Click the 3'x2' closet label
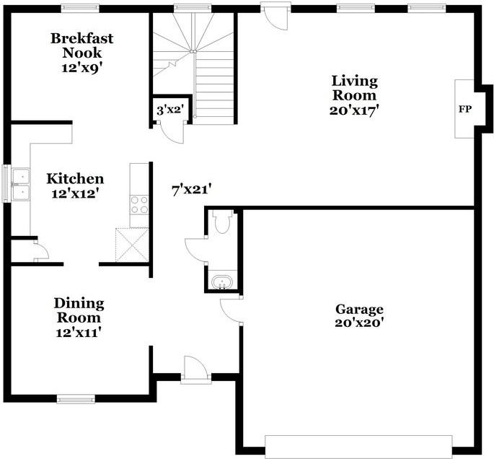click(x=170, y=110)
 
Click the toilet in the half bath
click(x=222, y=222)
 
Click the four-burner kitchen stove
click(x=138, y=204)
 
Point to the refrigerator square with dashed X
click(x=132, y=244)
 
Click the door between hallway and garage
click(x=232, y=310)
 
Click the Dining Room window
click(x=76, y=398)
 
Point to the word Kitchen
click(x=75, y=178)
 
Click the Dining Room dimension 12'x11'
click(x=78, y=332)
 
